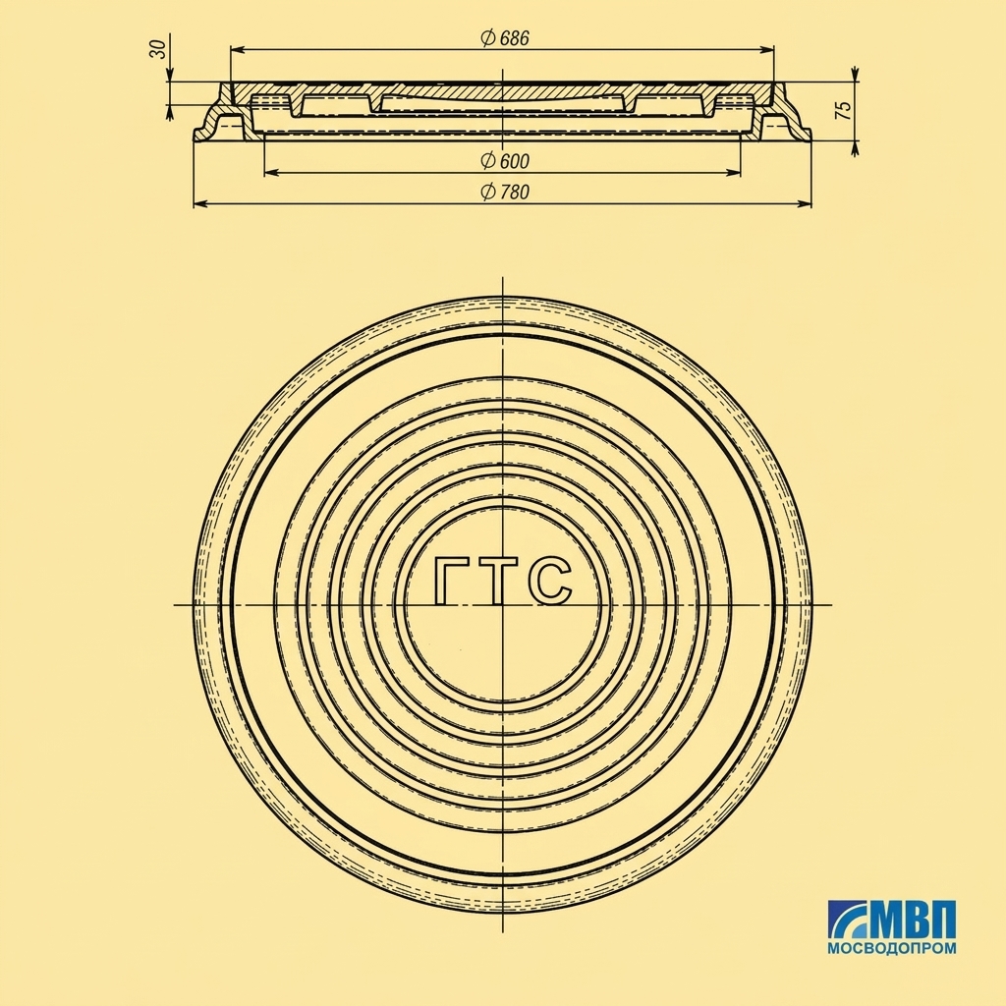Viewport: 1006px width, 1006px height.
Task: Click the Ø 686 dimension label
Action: tap(505, 38)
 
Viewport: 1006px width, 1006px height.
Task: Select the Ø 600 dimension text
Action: tap(505, 161)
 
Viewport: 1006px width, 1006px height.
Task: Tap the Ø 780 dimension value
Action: tap(505, 192)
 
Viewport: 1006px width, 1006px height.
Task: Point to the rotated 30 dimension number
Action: tap(158, 49)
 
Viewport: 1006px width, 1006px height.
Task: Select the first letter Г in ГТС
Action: tap(452, 581)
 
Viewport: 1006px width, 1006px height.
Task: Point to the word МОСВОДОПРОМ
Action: tap(892, 948)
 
